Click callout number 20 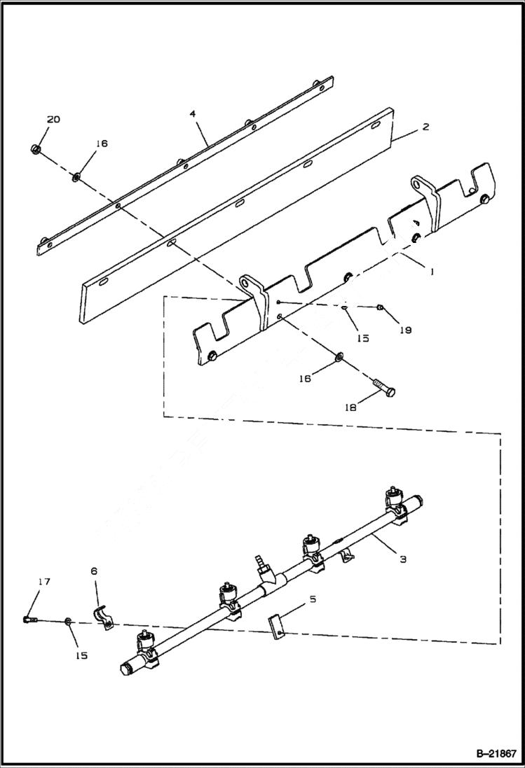pyautogui.click(x=53, y=120)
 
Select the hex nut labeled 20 pyautogui.click(x=36, y=148)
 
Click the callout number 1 pyautogui.click(x=432, y=271)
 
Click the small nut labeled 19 pyautogui.click(x=379, y=307)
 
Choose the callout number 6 pyautogui.click(x=95, y=571)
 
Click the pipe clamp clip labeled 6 pyautogui.click(x=104, y=616)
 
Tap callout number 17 pyautogui.click(x=44, y=581)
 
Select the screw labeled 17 pyautogui.click(x=29, y=620)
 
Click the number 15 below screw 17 pyautogui.click(x=81, y=655)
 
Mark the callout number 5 pyautogui.click(x=313, y=599)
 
